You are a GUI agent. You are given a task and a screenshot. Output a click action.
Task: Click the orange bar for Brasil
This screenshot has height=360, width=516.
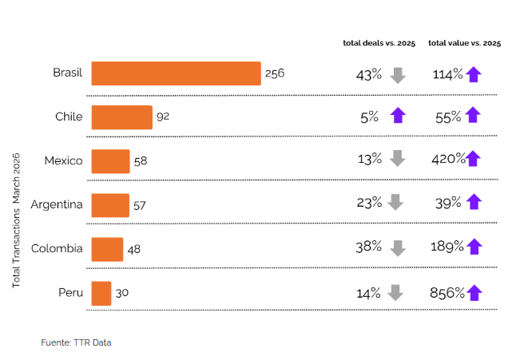(x=176, y=73)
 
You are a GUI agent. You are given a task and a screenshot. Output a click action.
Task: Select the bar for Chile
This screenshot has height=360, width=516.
(x=121, y=117)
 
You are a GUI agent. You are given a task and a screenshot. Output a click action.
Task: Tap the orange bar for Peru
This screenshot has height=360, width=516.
(x=101, y=293)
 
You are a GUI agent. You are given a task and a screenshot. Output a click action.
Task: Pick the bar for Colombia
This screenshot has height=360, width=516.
(x=107, y=249)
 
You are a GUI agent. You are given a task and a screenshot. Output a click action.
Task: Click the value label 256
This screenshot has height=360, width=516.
(x=275, y=73)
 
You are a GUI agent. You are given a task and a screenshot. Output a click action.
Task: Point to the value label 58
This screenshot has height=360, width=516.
(x=141, y=161)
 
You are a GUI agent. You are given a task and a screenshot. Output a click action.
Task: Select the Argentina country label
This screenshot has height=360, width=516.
(x=57, y=204)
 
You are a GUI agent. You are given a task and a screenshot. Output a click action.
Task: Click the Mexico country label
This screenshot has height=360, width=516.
(x=63, y=160)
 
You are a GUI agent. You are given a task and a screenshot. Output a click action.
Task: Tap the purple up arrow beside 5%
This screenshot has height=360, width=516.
(x=397, y=117)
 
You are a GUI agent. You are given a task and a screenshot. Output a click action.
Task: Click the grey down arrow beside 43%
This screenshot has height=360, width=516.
(x=398, y=75)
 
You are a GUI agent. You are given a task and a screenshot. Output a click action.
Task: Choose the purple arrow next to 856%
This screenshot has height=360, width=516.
(x=474, y=293)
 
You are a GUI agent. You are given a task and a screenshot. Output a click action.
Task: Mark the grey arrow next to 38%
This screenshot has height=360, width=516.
(x=396, y=248)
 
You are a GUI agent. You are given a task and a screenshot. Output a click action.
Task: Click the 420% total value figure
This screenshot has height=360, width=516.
(x=447, y=159)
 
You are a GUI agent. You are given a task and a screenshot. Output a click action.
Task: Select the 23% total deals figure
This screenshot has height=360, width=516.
(x=369, y=203)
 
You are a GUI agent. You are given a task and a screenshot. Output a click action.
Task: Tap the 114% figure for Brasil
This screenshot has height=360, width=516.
(x=447, y=74)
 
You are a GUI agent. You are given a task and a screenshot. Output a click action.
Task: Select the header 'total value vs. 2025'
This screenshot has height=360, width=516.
(x=464, y=42)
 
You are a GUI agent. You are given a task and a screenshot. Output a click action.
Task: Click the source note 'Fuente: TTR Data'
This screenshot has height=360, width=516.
(x=76, y=342)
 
